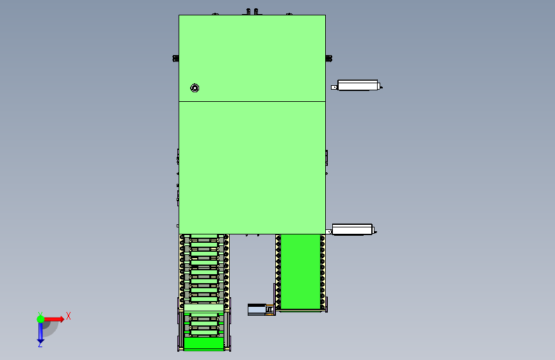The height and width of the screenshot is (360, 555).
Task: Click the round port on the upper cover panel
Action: click(195, 88)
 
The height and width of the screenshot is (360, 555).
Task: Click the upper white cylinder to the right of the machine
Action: click(358, 85)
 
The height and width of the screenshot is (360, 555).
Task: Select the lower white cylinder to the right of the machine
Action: click(352, 229)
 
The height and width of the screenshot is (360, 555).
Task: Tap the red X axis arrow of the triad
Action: click(53, 319)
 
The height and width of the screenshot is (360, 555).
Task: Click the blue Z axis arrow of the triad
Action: click(40, 332)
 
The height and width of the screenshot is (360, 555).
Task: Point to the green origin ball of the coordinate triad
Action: click(41, 319)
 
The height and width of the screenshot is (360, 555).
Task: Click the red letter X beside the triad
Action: click(68, 316)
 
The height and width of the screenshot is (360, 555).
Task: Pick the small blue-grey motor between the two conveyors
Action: click(257, 309)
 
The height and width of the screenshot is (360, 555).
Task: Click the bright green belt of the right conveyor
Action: click(300, 272)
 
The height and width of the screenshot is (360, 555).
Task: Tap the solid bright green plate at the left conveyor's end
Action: click(204, 343)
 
